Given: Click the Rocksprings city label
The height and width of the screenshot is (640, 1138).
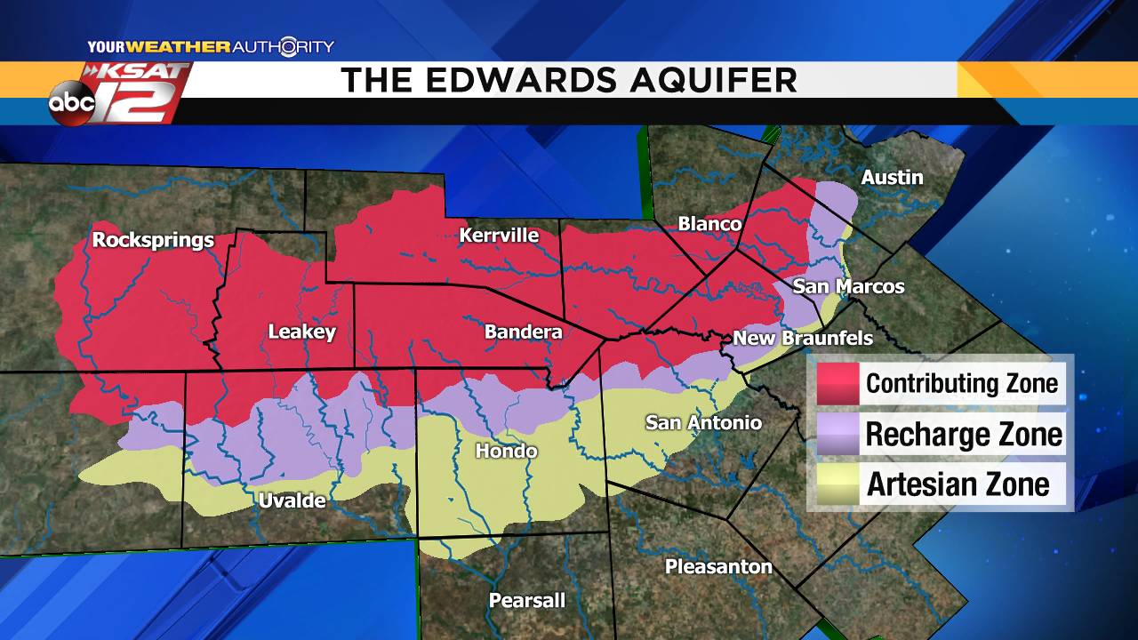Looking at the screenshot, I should tap(153, 240).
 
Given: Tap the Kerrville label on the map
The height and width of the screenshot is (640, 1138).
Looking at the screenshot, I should tap(499, 236).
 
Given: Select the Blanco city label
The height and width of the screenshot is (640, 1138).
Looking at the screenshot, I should tap(709, 224).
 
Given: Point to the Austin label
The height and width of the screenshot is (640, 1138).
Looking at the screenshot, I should tap(892, 178).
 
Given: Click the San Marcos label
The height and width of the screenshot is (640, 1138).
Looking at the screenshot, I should tap(848, 286).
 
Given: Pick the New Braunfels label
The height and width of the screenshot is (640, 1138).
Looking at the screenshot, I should tap(802, 339).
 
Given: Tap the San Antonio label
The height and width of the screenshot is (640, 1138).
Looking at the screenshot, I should tap(703, 422).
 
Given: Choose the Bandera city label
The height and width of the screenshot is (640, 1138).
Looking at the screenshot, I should tap(523, 332).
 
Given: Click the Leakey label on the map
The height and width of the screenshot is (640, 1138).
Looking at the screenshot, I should tap(302, 332).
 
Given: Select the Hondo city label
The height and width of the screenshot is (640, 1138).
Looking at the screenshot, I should tap(506, 452).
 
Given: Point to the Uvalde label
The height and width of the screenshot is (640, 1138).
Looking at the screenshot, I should tap(292, 501).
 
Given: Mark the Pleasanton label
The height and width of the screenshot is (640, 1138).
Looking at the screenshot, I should tap(718, 567).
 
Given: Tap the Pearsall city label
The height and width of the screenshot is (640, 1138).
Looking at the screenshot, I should tap(526, 601).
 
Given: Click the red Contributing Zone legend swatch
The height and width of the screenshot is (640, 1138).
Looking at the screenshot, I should tap(837, 383).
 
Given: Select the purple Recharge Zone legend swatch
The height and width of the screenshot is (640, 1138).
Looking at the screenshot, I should tap(837, 435).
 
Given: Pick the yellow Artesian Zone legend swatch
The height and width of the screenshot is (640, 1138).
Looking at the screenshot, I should tap(837, 484).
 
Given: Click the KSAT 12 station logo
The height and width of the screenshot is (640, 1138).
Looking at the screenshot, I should tap(142, 92).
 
